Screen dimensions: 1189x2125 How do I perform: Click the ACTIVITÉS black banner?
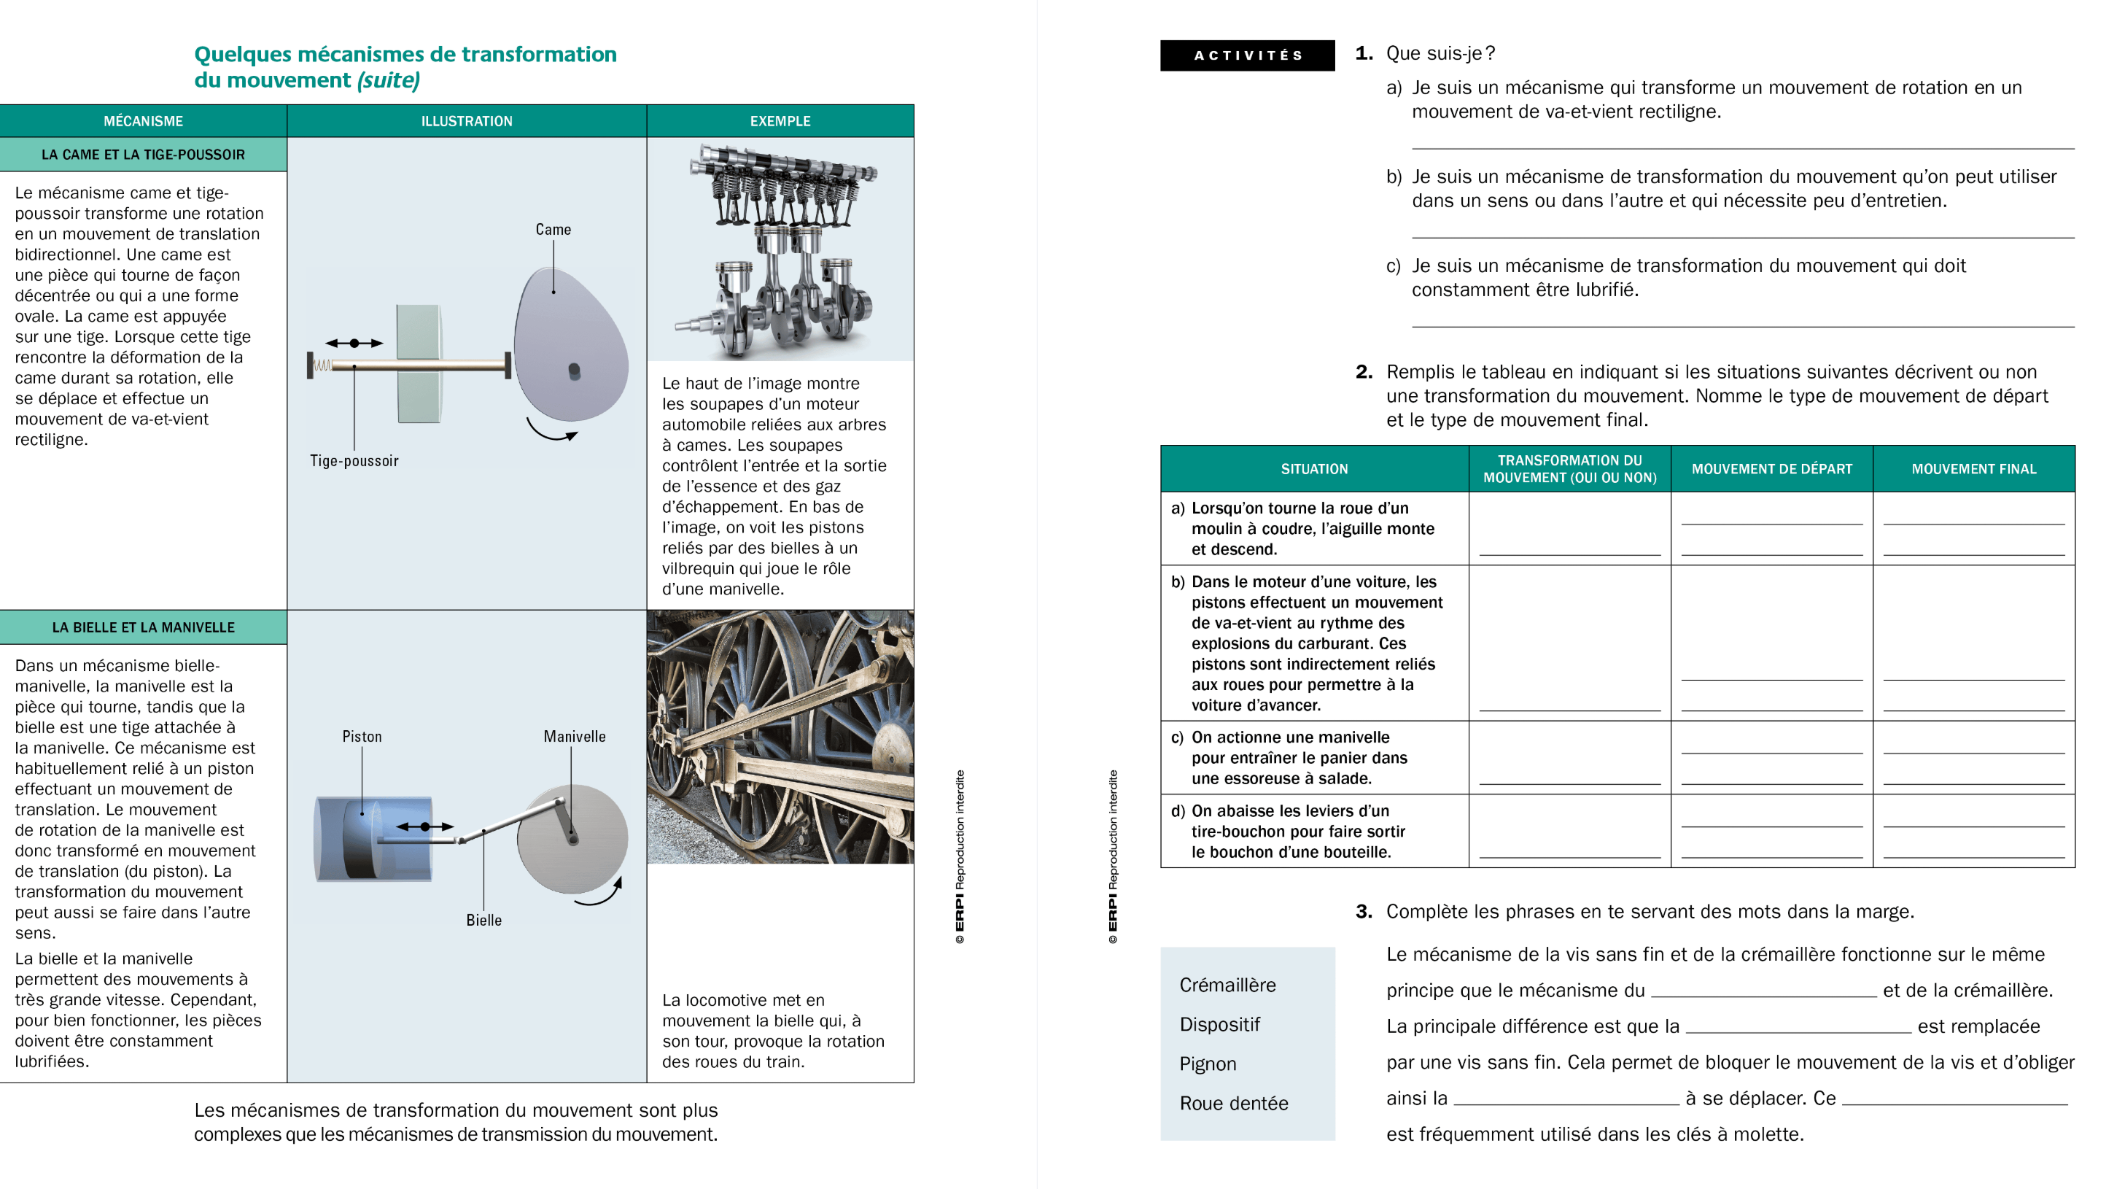(1246, 55)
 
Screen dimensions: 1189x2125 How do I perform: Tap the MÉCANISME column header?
(143, 121)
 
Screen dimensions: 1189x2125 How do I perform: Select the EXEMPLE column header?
(780, 121)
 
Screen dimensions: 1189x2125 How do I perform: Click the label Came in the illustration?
(553, 229)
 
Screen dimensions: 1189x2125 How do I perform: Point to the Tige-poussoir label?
(354, 461)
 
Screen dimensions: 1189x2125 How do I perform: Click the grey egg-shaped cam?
(570, 346)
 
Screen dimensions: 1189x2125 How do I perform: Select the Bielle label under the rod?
(483, 920)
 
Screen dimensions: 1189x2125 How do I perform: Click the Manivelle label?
(574, 736)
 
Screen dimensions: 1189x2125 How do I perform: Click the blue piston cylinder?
(373, 838)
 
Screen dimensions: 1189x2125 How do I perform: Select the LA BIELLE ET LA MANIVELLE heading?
(143, 627)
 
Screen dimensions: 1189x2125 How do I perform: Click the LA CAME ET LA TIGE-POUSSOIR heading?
(143, 155)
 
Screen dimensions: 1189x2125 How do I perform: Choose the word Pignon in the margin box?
(1207, 1064)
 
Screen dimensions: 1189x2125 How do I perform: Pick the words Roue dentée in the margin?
(1233, 1103)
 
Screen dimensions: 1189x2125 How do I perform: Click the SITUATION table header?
(1313, 468)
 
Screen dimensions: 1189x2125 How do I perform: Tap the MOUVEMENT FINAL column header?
(1973, 468)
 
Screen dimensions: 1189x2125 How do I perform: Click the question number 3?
(1364, 911)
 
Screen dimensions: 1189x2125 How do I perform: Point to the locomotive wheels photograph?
(780, 737)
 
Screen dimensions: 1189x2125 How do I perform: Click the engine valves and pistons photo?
(780, 249)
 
